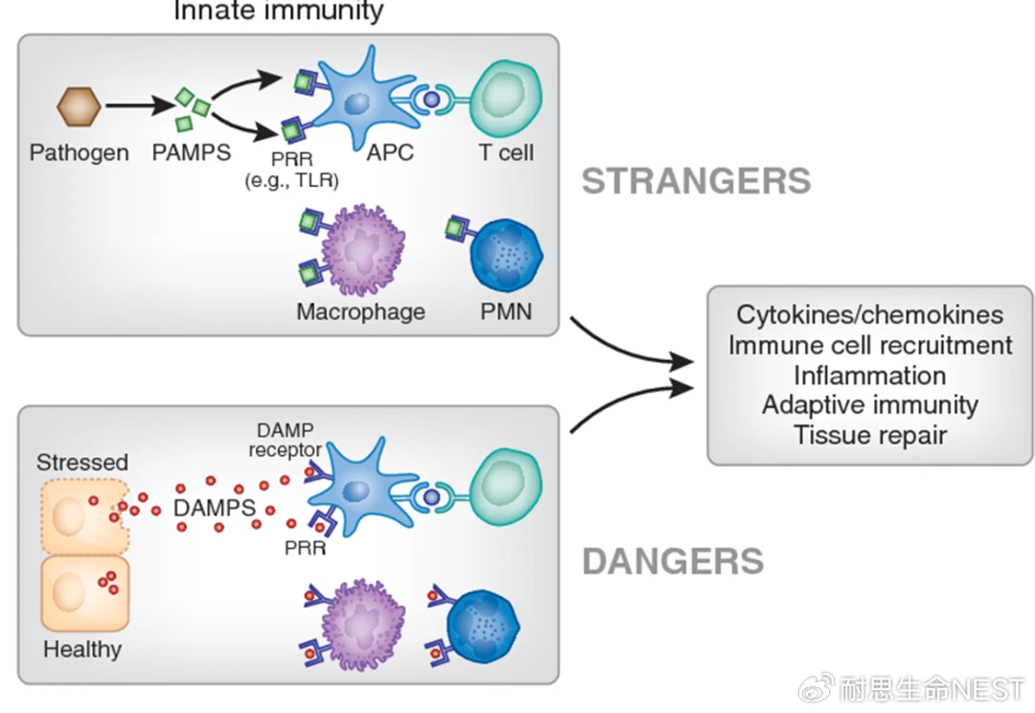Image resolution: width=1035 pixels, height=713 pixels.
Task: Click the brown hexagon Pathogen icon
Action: point(79,105)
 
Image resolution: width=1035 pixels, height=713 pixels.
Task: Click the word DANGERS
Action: point(673,561)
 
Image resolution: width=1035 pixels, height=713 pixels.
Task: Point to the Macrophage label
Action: point(360,311)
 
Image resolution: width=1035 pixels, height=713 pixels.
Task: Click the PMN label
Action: point(505,311)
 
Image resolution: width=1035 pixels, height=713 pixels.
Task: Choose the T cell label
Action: point(506,152)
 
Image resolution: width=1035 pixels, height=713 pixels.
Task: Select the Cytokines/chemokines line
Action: point(870,314)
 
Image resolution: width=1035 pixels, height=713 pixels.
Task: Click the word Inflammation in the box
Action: point(870,375)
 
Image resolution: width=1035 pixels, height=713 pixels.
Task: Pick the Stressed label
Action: point(82,462)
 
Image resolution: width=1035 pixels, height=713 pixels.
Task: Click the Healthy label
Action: point(82,650)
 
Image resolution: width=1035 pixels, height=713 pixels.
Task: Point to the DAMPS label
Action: point(215,507)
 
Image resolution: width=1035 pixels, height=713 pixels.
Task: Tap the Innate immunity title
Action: point(278,11)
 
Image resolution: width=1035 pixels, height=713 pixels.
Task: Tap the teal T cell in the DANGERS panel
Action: point(505,485)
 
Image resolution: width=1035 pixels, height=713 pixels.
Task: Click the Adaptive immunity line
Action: point(870,404)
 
